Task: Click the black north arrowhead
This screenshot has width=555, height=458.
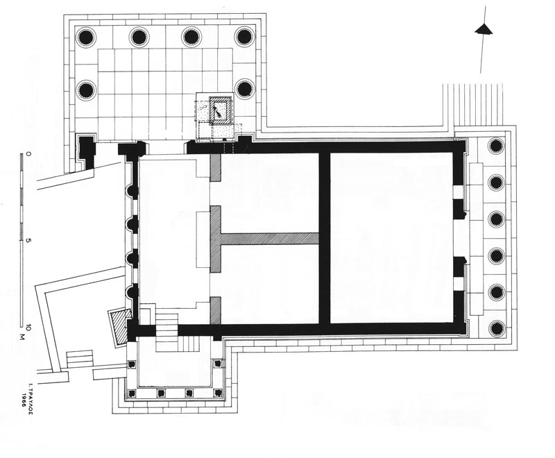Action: pyautogui.click(x=484, y=30)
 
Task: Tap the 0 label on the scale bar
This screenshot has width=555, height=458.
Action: pyautogui.click(x=28, y=154)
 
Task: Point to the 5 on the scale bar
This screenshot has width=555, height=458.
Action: pyautogui.click(x=28, y=240)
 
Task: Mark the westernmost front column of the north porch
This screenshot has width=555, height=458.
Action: pyautogui.click(x=86, y=37)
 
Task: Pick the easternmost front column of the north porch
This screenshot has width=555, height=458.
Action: pyautogui.click(x=244, y=37)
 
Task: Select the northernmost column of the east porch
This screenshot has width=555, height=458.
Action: pyautogui.click(x=496, y=146)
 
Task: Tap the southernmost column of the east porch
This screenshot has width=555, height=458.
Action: pyautogui.click(x=496, y=329)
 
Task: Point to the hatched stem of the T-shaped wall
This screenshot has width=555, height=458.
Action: pyautogui.click(x=270, y=238)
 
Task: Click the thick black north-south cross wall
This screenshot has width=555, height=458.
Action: pyautogui.click(x=325, y=238)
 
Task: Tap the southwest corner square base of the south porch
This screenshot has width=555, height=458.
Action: pyautogui.click(x=132, y=393)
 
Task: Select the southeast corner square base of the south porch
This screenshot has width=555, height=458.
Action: pyautogui.click(x=218, y=393)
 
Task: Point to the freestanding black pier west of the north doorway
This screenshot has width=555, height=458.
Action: pyautogui.click(x=86, y=151)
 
